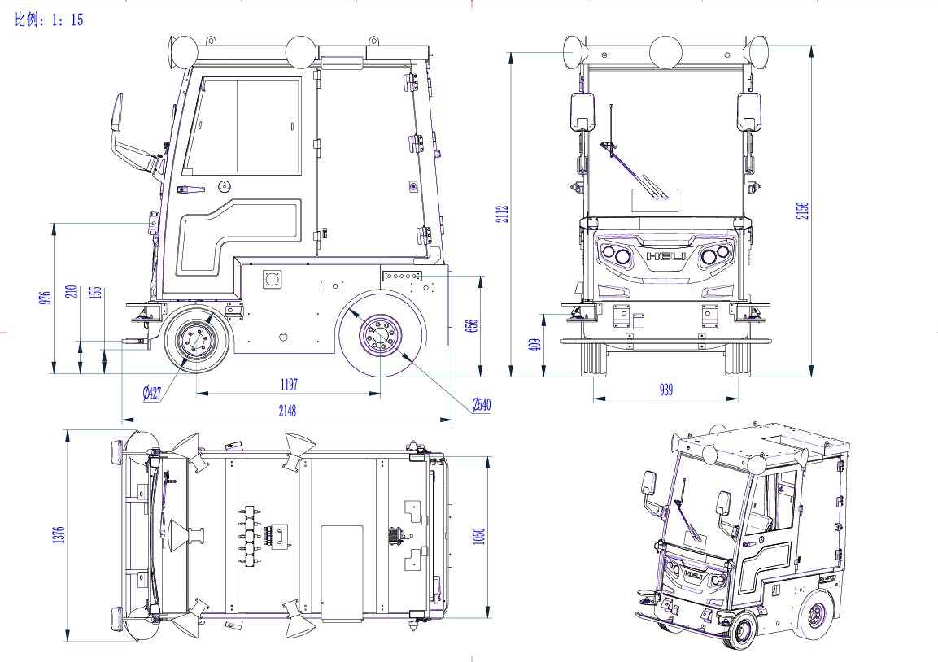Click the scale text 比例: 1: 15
click(49, 20)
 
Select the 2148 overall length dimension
click(287, 411)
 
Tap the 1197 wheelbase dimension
click(289, 385)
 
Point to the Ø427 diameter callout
click(152, 393)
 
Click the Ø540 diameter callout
click(482, 405)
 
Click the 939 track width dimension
click(665, 390)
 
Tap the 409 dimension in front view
click(535, 345)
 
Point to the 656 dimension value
click(471, 326)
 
